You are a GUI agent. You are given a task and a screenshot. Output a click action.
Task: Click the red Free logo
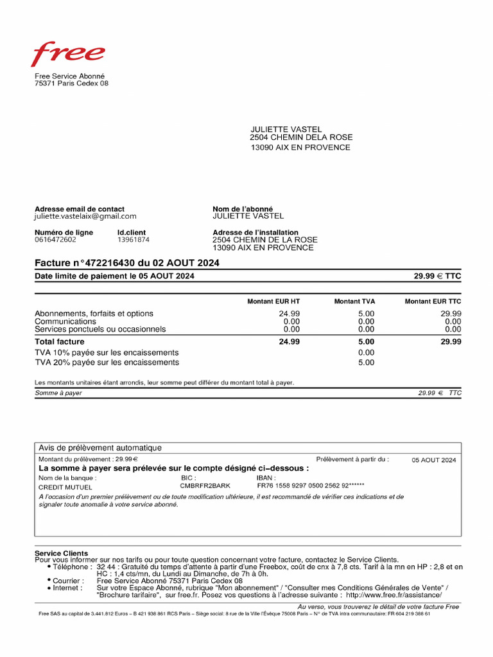(69, 55)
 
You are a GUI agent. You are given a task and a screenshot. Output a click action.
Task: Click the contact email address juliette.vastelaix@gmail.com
(85, 217)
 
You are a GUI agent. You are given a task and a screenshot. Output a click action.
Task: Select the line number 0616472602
(55, 240)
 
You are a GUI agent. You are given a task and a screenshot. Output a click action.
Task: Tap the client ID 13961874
(133, 240)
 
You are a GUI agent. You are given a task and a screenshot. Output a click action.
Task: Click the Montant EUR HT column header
(273, 302)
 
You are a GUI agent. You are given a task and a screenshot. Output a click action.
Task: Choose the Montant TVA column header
(354, 302)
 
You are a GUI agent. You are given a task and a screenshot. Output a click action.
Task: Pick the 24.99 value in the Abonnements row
(289, 314)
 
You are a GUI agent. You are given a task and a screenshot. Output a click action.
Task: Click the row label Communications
(65, 321)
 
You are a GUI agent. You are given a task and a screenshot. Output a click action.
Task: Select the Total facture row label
(60, 342)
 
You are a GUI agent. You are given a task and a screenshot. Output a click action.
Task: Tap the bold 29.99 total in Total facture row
(451, 342)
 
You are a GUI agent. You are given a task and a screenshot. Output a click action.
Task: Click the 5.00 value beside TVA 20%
(366, 363)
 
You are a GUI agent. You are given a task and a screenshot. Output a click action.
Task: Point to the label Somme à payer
(58, 393)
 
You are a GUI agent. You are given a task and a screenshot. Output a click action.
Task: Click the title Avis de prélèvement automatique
(100, 448)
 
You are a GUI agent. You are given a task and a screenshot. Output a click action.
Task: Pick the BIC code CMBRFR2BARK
(205, 486)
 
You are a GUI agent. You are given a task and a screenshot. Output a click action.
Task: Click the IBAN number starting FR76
(310, 486)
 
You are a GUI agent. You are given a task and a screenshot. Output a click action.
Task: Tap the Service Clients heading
(61, 553)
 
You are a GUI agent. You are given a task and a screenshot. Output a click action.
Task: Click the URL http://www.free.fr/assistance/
(394, 595)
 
